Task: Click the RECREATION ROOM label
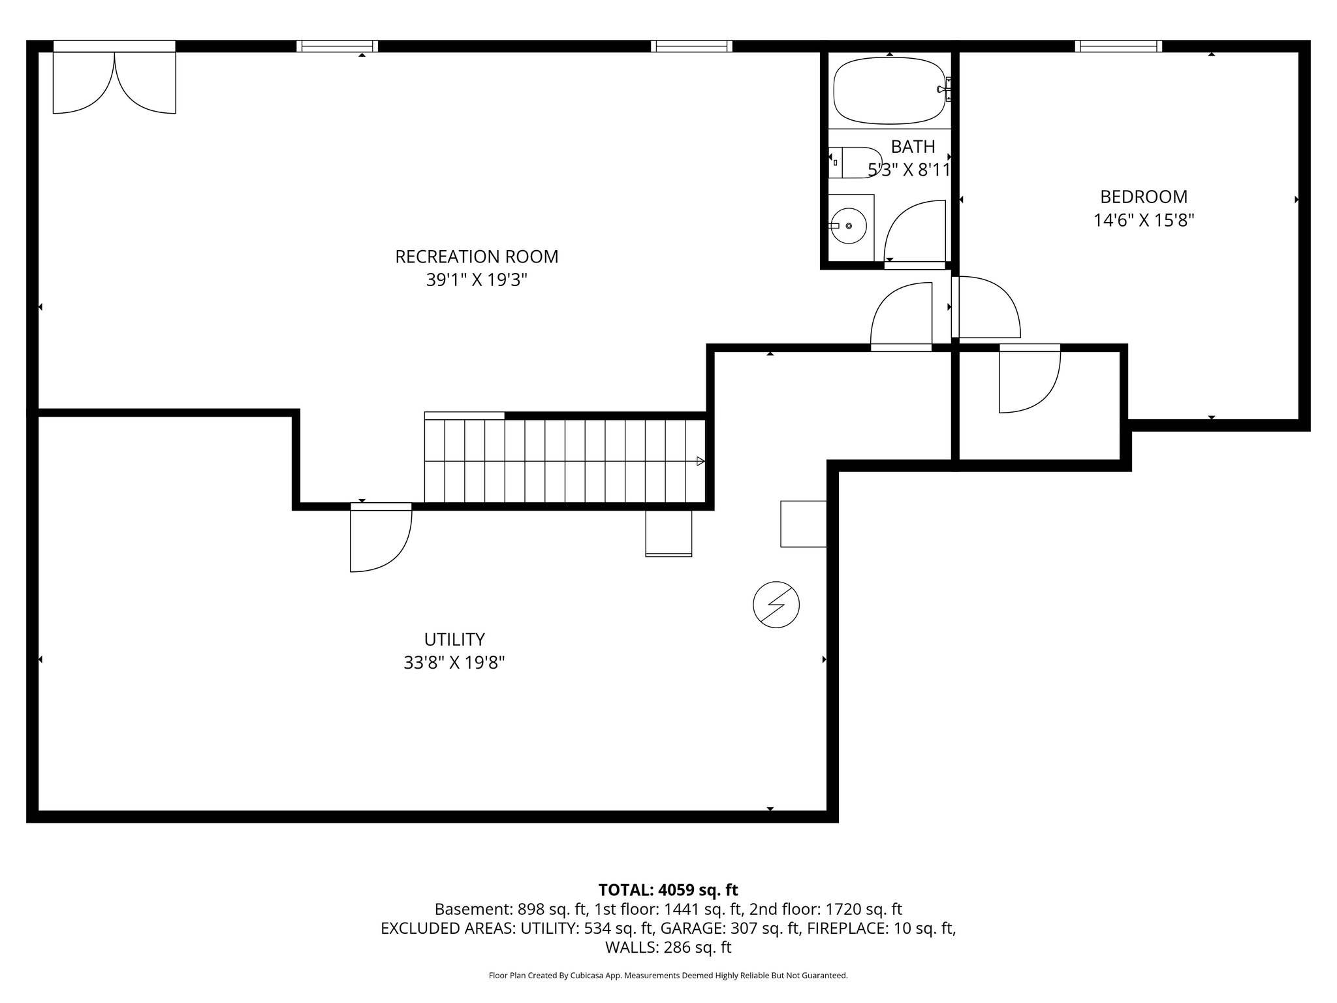click(477, 257)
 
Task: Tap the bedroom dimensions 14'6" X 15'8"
click(1144, 221)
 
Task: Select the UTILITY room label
click(454, 639)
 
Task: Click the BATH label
click(913, 146)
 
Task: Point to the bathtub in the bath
click(889, 90)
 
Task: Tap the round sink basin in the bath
click(848, 226)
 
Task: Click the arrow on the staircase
click(700, 461)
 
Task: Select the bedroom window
click(1118, 46)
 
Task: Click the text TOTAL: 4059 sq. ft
click(668, 890)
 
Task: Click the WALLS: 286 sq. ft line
click(668, 947)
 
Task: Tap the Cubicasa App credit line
click(668, 976)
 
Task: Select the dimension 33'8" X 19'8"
click(454, 663)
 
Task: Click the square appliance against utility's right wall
click(803, 524)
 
